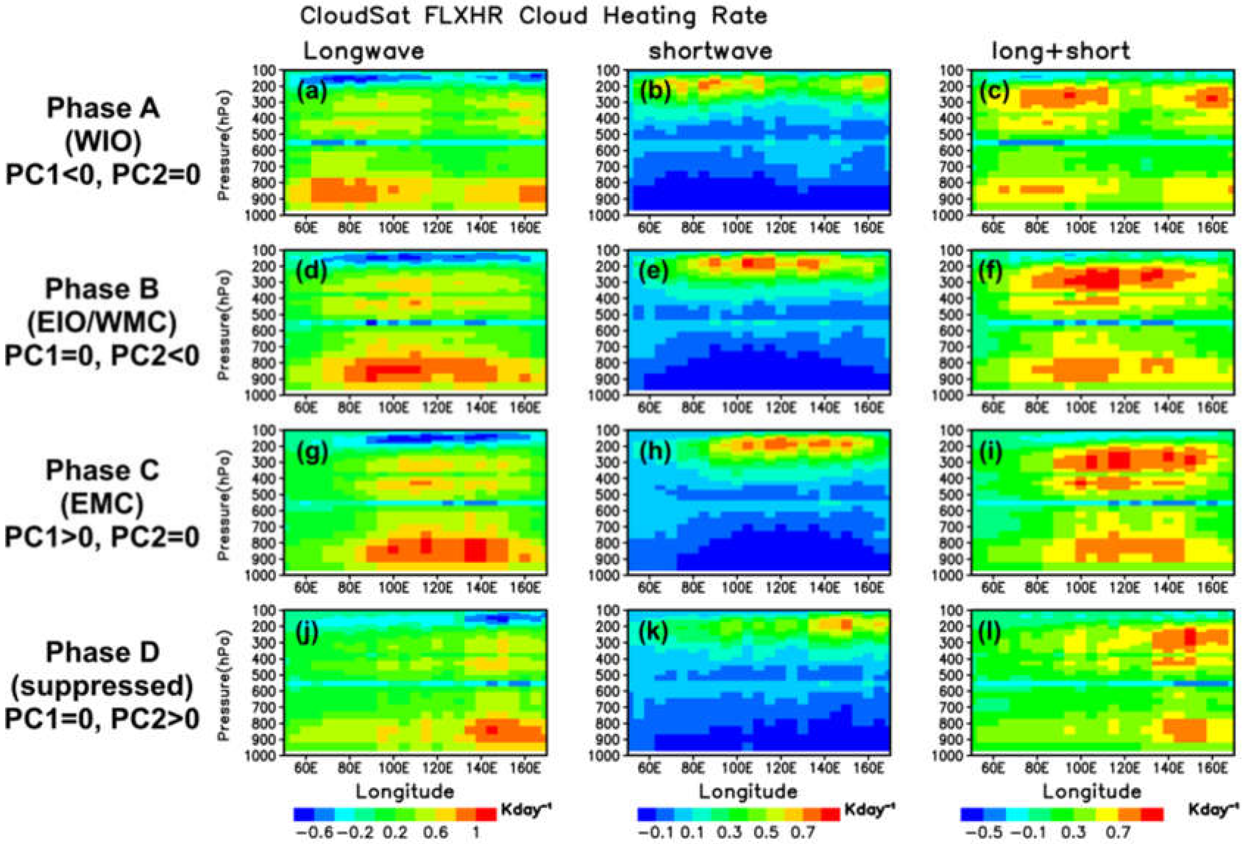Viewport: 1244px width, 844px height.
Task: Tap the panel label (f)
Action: (x=991, y=272)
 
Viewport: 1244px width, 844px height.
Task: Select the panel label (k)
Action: (x=654, y=632)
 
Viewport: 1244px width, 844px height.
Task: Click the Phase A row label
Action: (x=103, y=108)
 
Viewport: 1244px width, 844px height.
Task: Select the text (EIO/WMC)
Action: (x=102, y=322)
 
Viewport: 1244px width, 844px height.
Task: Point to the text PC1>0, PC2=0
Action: (x=102, y=537)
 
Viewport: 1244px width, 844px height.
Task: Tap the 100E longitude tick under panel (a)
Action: (x=393, y=227)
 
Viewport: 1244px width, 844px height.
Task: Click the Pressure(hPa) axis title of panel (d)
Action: (x=224, y=325)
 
